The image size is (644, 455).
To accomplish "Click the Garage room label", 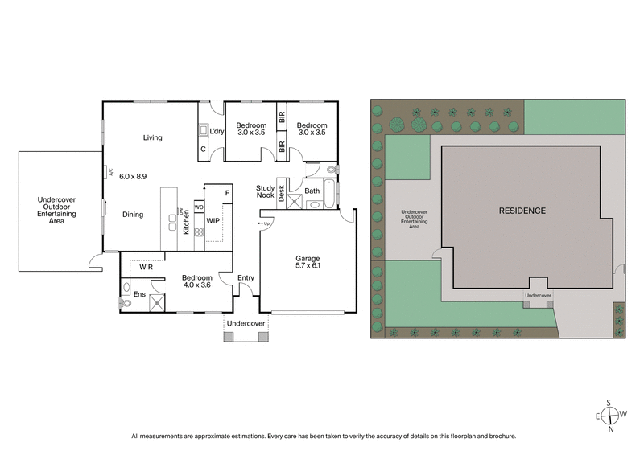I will click(x=307, y=259).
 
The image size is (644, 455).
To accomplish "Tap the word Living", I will click(x=153, y=137).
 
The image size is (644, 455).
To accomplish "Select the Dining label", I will click(x=133, y=215).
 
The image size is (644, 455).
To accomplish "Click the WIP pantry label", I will click(x=213, y=219).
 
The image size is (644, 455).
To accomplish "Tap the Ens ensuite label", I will click(x=138, y=294).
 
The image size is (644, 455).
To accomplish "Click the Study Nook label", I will click(x=266, y=191).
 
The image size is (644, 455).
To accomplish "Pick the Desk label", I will click(x=282, y=192).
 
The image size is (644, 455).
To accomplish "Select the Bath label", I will click(x=312, y=191).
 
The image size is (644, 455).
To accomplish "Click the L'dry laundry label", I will click(x=217, y=131).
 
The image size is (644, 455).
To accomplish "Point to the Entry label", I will click(x=246, y=278).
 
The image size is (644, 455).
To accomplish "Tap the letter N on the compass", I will click(x=612, y=429).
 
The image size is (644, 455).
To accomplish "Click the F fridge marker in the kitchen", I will click(x=227, y=194).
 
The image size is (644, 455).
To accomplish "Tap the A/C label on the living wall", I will click(x=109, y=171).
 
